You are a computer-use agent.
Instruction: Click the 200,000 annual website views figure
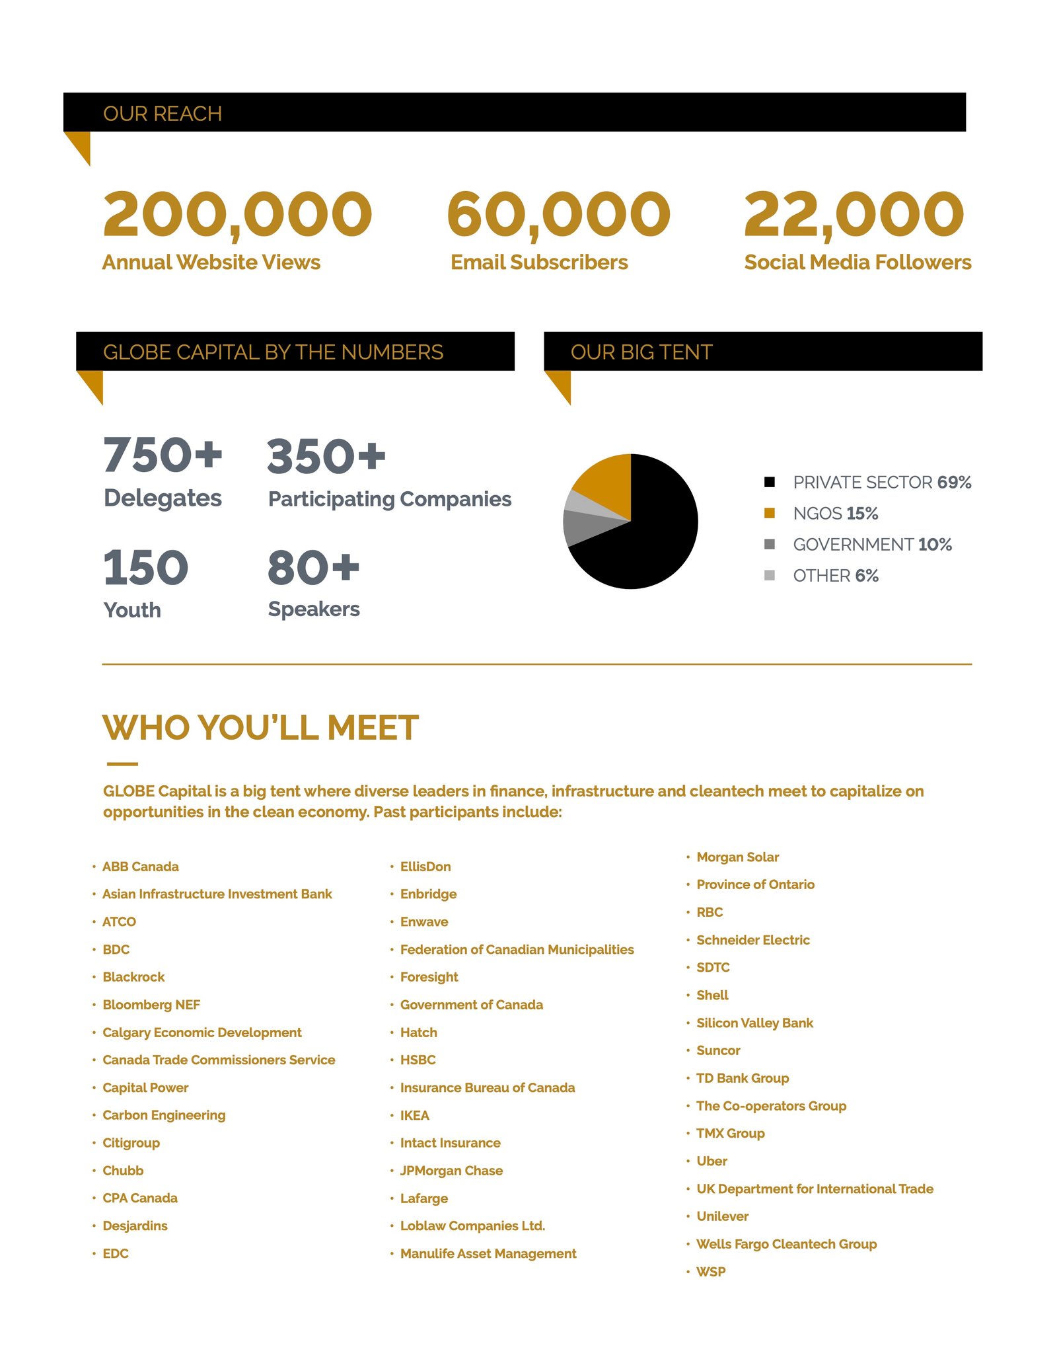click(237, 214)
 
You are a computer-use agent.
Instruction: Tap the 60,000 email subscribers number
click(558, 214)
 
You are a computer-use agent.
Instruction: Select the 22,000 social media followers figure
click(854, 214)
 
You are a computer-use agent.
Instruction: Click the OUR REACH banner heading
click(163, 114)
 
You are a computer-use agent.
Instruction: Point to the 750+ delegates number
click(163, 455)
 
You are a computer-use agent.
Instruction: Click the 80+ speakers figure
click(313, 568)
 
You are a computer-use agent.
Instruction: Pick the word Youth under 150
click(132, 609)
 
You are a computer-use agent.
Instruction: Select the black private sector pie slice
click(654, 535)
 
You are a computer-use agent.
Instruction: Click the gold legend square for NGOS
click(769, 514)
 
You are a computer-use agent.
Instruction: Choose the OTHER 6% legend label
click(836, 576)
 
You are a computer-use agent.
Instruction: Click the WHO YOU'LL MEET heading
click(260, 728)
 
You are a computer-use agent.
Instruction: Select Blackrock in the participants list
click(133, 977)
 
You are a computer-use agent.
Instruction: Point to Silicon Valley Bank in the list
click(754, 1023)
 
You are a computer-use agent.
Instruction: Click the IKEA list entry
click(414, 1115)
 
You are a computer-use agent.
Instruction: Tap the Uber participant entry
click(711, 1161)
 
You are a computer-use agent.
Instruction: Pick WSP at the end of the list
click(711, 1271)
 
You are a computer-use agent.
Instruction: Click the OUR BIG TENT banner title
click(641, 352)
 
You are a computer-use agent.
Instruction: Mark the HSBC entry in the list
click(418, 1060)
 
